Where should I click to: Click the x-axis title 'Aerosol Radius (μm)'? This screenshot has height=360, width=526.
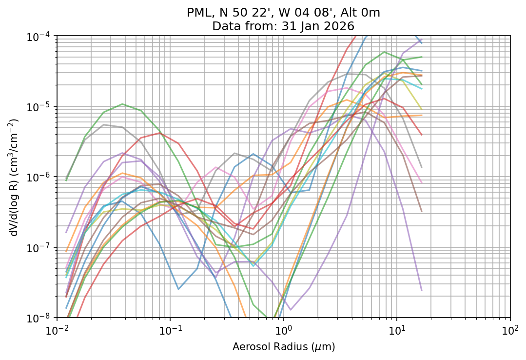(x=284, y=347)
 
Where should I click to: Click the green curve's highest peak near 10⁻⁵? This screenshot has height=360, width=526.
(x=122, y=104)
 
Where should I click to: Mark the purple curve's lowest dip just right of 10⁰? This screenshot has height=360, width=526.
(x=291, y=310)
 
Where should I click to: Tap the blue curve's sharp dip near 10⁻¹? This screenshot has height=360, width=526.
(x=178, y=289)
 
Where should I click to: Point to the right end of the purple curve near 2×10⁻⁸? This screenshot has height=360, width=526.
(x=421, y=290)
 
